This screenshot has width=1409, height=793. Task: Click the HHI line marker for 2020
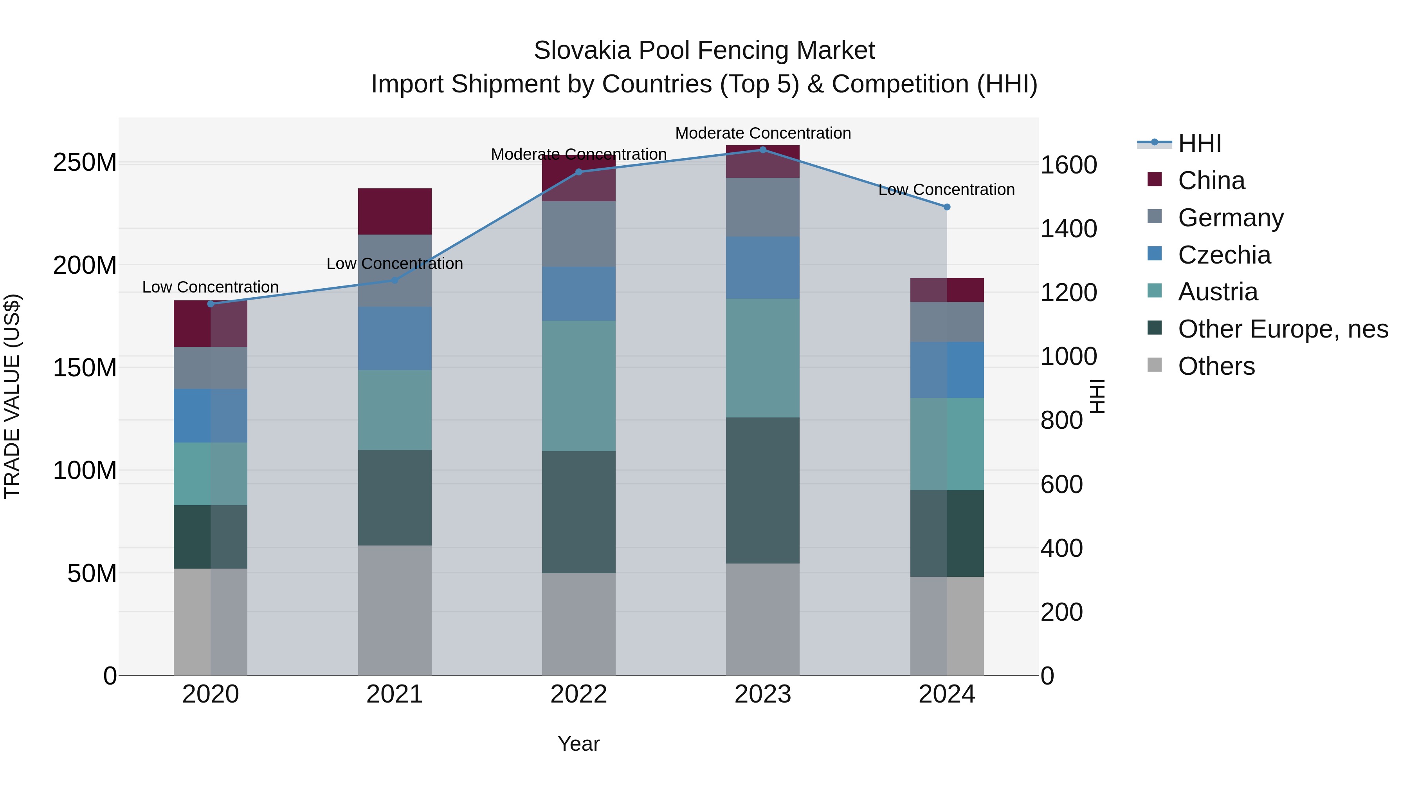pyautogui.click(x=211, y=304)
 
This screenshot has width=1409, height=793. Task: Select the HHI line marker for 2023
pyautogui.click(x=763, y=150)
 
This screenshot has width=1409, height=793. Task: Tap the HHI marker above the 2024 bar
pyautogui.click(x=947, y=207)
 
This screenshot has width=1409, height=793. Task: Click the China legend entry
pyautogui.click(x=1211, y=181)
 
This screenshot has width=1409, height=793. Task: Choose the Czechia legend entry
pyautogui.click(x=1224, y=255)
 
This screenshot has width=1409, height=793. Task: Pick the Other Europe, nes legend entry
pyautogui.click(x=1283, y=329)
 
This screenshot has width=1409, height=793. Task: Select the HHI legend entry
pyautogui.click(x=1200, y=143)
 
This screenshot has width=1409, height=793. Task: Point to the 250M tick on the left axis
pyautogui.click(x=85, y=163)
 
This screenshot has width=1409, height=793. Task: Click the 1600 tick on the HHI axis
pyautogui.click(x=1068, y=165)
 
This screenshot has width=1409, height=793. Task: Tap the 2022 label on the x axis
pyautogui.click(x=579, y=694)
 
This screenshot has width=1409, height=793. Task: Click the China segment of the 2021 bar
pyautogui.click(x=395, y=211)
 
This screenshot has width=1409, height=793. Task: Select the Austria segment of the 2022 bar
pyautogui.click(x=579, y=386)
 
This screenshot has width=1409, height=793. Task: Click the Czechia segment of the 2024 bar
pyautogui.click(x=947, y=370)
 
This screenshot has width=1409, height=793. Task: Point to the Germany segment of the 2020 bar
pyautogui.click(x=211, y=368)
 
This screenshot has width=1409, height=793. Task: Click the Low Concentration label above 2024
pyautogui.click(x=946, y=190)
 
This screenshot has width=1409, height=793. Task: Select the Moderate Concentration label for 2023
pyautogui.click(x=763, y=133)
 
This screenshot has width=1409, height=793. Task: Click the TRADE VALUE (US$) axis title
pyautogui.click(x=12, y=396)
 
